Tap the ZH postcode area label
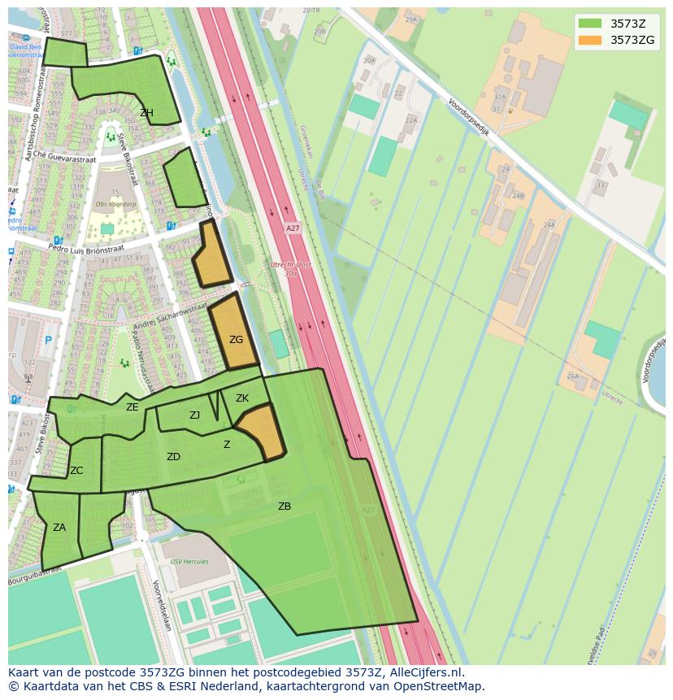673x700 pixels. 146,113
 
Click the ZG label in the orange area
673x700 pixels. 236,340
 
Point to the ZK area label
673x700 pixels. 242,398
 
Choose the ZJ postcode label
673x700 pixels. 194,415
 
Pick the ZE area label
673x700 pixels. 132,407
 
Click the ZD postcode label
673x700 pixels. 173,457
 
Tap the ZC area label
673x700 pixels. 76,471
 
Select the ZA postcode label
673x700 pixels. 59,528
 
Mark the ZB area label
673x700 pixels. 284,507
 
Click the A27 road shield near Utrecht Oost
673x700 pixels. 293,228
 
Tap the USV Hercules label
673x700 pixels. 189,562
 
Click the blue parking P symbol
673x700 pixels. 48,341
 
